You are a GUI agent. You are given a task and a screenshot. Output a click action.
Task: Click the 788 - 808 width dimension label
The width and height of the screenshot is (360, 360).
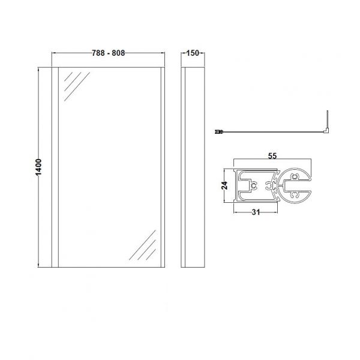[109, 53]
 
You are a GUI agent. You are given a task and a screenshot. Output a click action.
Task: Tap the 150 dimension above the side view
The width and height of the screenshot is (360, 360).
[193, 53]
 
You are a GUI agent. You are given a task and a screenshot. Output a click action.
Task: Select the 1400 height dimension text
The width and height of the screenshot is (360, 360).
[38, 167]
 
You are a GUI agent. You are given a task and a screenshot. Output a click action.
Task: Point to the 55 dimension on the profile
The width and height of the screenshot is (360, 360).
[272, 156]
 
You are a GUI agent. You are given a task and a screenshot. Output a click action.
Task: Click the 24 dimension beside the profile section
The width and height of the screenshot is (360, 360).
[225, 185]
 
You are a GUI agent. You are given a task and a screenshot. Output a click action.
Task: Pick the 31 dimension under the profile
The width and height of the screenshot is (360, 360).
[256, 212]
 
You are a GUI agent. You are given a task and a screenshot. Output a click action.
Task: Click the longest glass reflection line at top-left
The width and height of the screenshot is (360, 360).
[77, 86]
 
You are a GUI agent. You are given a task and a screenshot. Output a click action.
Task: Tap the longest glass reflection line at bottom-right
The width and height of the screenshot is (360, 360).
[142, 245]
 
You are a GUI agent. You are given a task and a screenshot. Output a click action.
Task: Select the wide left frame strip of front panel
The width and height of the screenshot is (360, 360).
[55, 167]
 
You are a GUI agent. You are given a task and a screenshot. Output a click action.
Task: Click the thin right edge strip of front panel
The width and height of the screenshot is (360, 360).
[163, 167]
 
